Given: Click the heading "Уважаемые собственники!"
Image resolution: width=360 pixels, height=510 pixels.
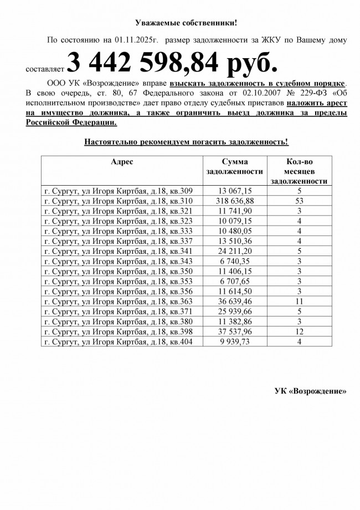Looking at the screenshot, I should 186,23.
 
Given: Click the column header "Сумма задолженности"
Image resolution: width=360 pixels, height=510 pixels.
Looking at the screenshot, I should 235,166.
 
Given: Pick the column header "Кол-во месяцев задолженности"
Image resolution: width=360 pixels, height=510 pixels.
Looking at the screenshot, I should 299,171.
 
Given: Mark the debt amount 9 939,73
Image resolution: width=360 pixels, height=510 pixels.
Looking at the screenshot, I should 235,341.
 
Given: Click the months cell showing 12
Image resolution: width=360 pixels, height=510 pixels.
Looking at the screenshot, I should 299,331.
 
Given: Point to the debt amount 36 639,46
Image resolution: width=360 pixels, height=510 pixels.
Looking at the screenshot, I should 235,301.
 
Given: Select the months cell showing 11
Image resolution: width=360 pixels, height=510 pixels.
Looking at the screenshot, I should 299,301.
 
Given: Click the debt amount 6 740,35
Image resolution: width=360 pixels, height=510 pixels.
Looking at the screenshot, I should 235,261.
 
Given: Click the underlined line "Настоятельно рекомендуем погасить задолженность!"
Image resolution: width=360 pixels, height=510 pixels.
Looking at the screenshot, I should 186,142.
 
